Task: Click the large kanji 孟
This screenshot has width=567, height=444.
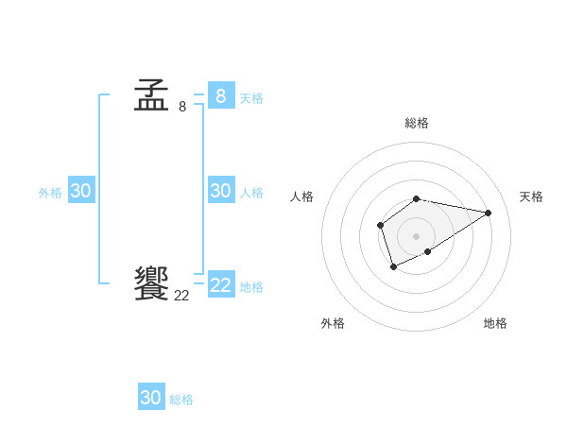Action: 151,95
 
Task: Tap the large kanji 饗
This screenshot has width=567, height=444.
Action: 151,283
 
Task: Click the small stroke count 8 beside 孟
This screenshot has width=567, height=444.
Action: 182,107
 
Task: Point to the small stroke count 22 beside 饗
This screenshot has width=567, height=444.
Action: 181,296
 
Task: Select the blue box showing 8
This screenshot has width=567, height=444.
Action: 221,95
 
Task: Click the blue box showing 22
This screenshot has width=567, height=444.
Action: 221,285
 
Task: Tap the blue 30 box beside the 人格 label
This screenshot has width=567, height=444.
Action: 221,191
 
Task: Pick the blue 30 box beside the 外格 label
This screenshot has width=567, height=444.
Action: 81,191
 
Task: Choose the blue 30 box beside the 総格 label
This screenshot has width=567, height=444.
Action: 151,398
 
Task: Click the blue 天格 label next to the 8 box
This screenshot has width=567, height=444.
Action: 251,97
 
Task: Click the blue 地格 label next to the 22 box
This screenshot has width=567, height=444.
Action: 251,286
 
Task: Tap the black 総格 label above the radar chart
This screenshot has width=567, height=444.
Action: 417,123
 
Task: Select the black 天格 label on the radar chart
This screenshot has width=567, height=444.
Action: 532,196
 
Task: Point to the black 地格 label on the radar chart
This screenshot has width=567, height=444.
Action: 495,323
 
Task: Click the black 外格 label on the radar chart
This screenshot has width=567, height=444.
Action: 333,323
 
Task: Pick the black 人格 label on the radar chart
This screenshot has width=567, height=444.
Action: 302,196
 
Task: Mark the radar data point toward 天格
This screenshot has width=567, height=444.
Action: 488,212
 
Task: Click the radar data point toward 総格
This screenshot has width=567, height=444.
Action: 417,198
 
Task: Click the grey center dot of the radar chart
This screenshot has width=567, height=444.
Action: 417,236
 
